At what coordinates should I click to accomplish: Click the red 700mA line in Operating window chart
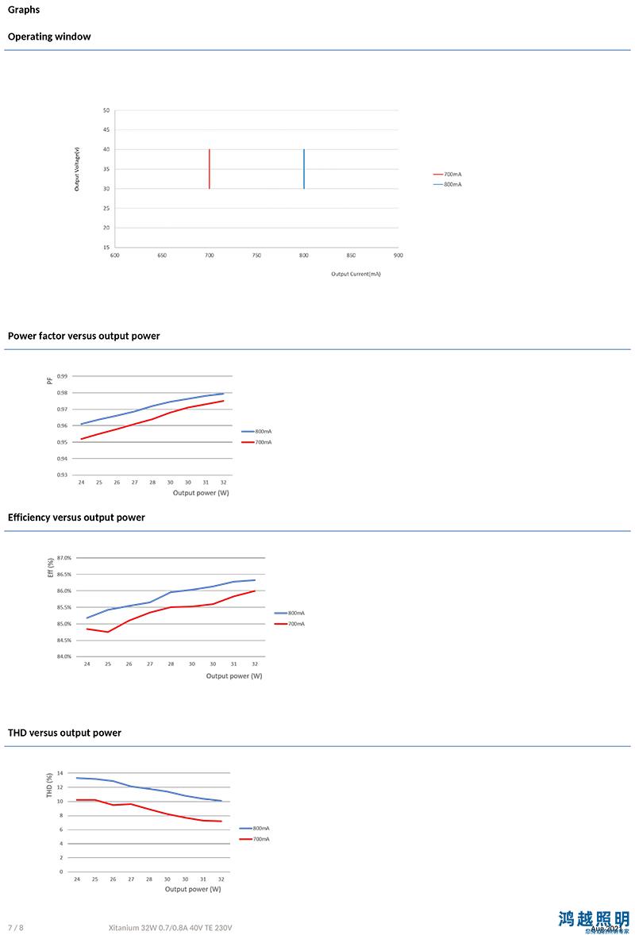click(x=210, y=169)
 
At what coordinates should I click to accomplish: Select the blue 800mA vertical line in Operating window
click(x=304, y=169)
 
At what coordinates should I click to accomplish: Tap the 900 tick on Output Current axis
click(x=398, y=256)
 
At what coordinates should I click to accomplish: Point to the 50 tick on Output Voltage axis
click(x=106, y=110)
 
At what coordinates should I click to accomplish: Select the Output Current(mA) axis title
click(x=356, y=274)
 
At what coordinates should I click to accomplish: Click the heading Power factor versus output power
click(x=84, y=336)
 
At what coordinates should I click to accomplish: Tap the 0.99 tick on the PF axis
click(x=63, y=376)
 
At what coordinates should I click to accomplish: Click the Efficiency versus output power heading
click(x=76, y=518)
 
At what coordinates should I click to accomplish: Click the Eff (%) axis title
click(x=50, y=567)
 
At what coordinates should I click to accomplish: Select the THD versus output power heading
click(x=64, y=733)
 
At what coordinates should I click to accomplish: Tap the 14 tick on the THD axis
click(x=60, y=773)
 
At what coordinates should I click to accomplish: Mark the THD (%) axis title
click(x=49, y=784)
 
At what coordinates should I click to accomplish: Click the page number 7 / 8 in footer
click(x=16, y=928)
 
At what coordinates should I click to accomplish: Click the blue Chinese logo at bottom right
click(x=594, y=920)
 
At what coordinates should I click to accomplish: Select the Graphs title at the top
click(x=24, y=10)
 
